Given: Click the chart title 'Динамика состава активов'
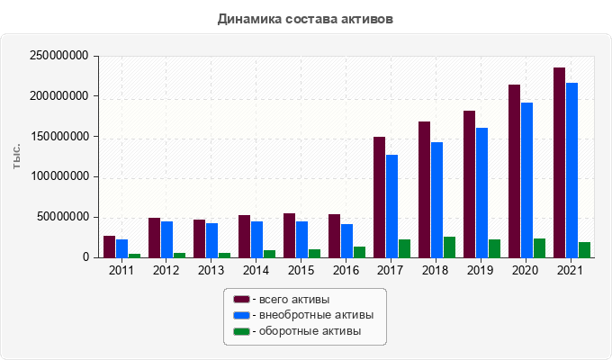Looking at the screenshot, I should (305, 18).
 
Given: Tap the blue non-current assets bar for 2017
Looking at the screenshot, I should (391, 206).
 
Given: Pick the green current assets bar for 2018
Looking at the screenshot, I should (449, 247).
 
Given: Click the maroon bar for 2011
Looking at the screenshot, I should (109, 247).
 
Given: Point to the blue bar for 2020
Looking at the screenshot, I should (526, 180).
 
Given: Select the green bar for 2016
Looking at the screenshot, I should (359, 252).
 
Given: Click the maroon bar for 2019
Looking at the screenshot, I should (469, 184).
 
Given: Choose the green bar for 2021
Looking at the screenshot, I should (584, 250).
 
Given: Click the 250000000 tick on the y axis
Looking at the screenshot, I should (58, 56).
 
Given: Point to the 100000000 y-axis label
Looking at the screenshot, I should (58, 176).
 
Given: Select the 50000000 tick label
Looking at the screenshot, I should (62, 217).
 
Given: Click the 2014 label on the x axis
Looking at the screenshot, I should (256, 270).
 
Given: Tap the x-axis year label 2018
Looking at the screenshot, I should (436, 270).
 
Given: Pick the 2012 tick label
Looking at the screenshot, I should (166, 270).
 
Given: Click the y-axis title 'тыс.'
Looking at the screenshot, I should (17, 157).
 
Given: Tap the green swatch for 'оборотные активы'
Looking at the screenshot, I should (241, 332).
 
